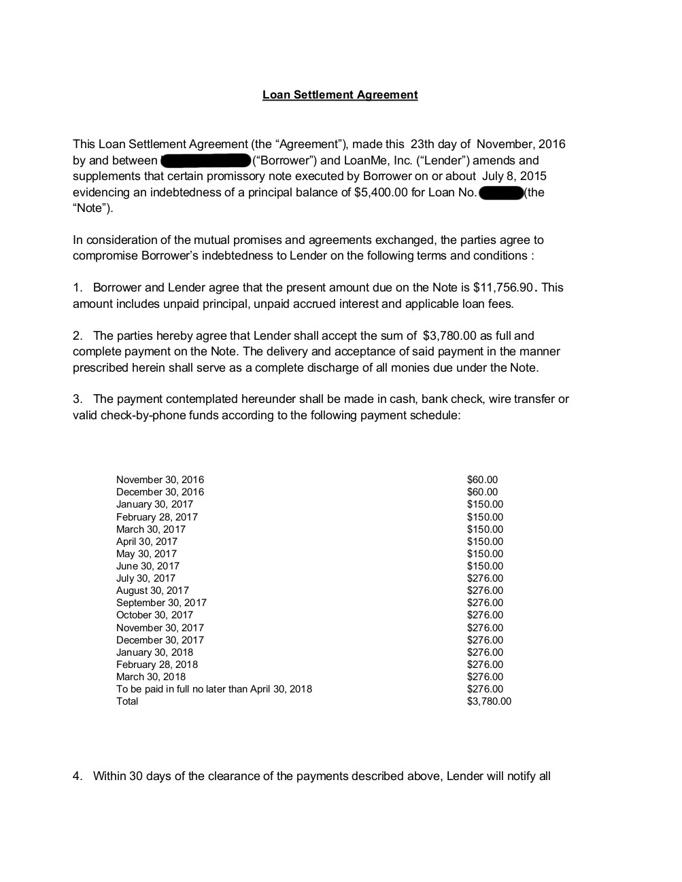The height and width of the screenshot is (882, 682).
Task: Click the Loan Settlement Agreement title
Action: pyautogui.click(x=340, y=95)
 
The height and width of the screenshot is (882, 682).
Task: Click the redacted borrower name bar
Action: pyautogui.click(x=206, y=161)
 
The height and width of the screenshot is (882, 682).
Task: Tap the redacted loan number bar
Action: pyautogui.click(x=502, y=193)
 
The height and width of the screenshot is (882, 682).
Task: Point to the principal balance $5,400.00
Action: pyautogui.click(x=381, y=192)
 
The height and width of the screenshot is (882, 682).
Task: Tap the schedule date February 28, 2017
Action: pyautogui.click(x=157, y=517)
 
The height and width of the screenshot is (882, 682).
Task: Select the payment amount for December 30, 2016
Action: pyautogui.click(x=482, y=492)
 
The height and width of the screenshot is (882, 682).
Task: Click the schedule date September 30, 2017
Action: pyautogui.click(x=161, y=603)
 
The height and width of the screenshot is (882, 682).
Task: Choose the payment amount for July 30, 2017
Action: pyautogui.click(x=485, y=578)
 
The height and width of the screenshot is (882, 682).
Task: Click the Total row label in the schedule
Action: pyautogui.click(x=127, y=701)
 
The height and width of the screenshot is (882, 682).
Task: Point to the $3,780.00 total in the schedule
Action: pyautogui.click(x=489, y=701)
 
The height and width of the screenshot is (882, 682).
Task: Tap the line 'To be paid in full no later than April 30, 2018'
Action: pyautogui.click(x=214, y=689)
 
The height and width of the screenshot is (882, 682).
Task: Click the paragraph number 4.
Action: pyautogui.click(x=77, y=776)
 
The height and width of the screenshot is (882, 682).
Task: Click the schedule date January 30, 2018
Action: pyautogui.click(x=154, y=652)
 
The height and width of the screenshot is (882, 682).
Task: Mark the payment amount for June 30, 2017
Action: pyautogui.click(x=485, y=566)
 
